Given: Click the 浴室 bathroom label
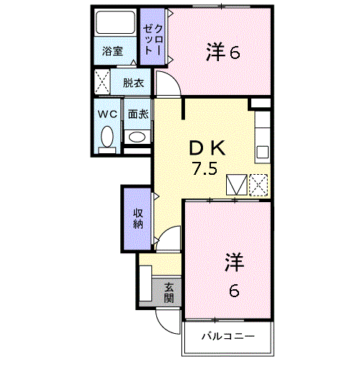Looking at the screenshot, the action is click(112, 51).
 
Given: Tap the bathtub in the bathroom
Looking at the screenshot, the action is click(115, 22).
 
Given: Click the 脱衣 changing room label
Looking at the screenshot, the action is click(133, 83).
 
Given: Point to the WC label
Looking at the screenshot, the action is click(107, 114).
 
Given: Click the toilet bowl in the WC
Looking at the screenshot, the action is click(107, 137).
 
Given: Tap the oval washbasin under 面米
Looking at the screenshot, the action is click(137, 137).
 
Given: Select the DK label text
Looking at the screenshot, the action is click(207, 148).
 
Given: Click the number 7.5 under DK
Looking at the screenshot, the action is click(204, 168).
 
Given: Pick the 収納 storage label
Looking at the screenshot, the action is click(138, 219).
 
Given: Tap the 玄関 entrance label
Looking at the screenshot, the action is click(169, 293).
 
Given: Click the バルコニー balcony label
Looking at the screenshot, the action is click(228, 336).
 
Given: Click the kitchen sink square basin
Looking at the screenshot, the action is click(262, 153).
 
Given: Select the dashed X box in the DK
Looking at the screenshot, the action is click(258, 185).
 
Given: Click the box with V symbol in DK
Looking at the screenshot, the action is click(237, 185).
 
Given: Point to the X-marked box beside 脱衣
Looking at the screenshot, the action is click(102, 82).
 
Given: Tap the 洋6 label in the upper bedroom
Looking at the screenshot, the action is click(223, 52).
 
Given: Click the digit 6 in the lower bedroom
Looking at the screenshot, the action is click(234, 291).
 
